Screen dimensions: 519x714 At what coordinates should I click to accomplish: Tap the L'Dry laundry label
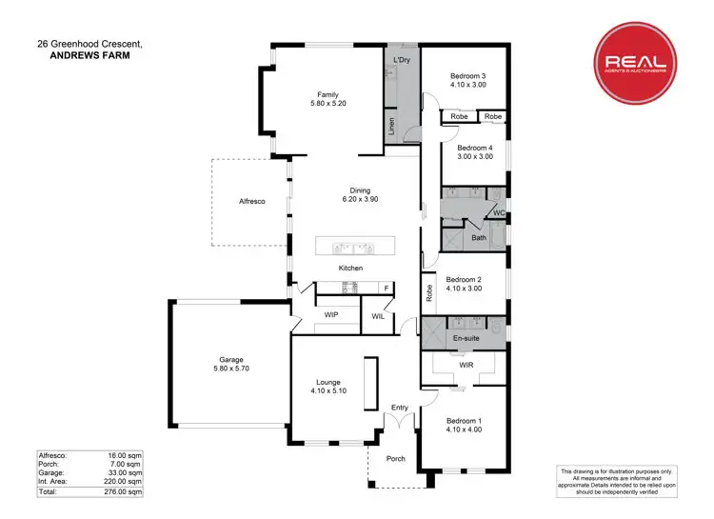[402, 61]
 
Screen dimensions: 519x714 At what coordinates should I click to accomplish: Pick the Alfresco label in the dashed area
[251, 202]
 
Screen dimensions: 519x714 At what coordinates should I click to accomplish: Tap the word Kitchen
[351, 269]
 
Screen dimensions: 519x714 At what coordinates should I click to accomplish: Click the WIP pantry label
[331, 313]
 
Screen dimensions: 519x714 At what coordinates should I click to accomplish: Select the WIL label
[378, 317]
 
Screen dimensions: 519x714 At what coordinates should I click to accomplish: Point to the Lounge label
[328, 387]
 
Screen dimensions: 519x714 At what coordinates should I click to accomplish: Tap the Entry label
[400, 408]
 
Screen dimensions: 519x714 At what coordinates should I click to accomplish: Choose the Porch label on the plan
[395, 458]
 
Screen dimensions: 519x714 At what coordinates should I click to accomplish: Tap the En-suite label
[466, 337]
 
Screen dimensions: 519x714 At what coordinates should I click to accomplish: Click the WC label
[499, 212]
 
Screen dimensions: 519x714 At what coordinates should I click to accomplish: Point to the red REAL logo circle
[635, 64]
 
